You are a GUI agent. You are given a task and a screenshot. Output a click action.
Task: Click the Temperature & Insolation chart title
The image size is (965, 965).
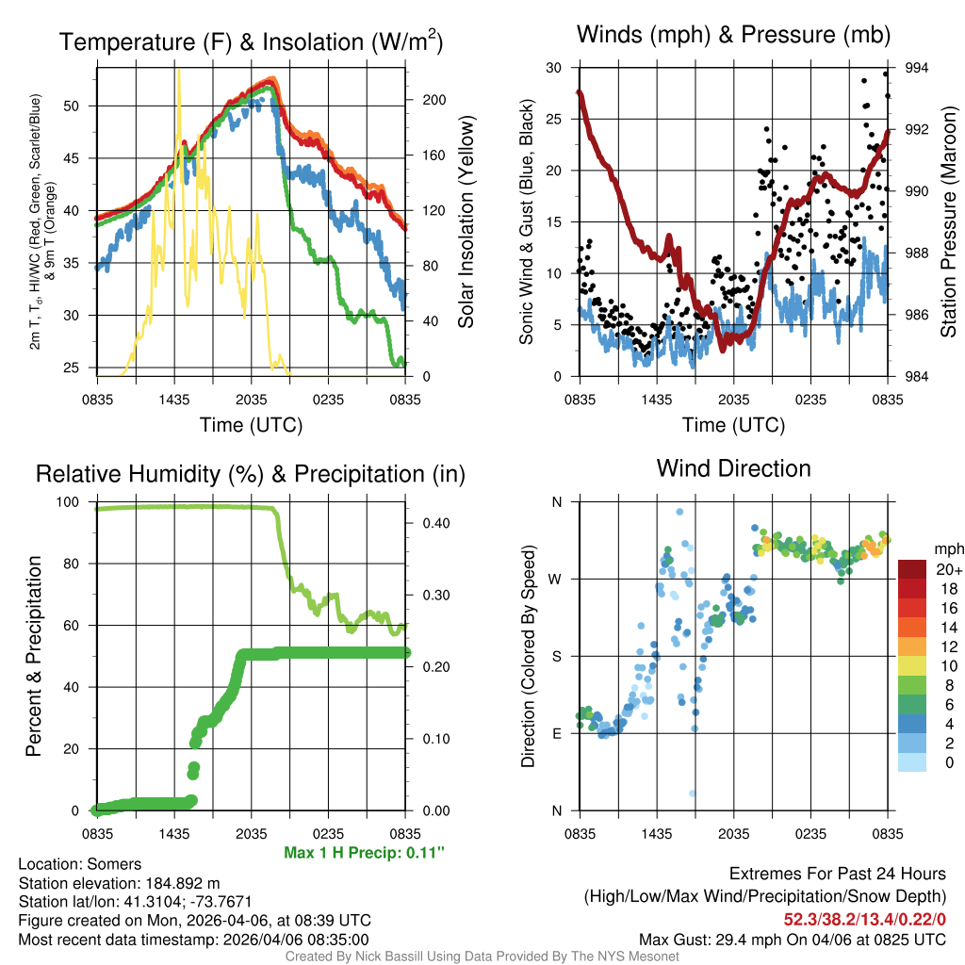(x=251, y=42)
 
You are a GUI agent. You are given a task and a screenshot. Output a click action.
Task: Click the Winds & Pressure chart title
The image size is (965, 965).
(x=734, y=36)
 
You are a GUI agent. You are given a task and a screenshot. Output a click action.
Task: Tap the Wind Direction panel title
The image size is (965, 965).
(x=733, y=468)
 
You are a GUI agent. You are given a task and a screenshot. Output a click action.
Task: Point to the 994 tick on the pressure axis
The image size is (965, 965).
(x=917, y=68)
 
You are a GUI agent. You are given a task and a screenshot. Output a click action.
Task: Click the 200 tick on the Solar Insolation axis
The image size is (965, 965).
(x=424, y=99)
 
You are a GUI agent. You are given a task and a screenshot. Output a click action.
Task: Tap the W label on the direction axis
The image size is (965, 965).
(x=556, y=579)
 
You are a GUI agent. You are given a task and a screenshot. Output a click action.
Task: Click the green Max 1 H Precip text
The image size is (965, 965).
(x=364, y=853)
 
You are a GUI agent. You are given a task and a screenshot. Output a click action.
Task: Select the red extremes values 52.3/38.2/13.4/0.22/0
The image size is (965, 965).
(x=865, y=918)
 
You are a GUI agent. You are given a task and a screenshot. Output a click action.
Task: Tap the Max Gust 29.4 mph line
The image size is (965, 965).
(x=793, y=940)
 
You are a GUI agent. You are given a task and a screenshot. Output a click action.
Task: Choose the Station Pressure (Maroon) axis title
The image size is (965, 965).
(x=948, y=222)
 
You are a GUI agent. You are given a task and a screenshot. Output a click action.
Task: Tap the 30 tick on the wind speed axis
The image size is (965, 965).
(x=554, y=68)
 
